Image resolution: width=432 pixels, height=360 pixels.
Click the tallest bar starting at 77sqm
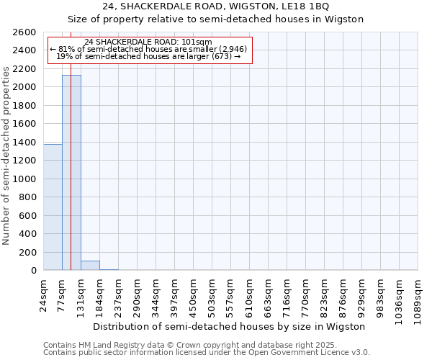coord(71,173)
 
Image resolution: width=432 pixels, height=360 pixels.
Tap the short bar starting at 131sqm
coord(90,266)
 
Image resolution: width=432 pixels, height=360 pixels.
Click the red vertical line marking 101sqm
coord(71,144)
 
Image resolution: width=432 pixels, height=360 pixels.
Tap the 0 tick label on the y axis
coord(33,271)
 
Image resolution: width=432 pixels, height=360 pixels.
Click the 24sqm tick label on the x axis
coord(43,293)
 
